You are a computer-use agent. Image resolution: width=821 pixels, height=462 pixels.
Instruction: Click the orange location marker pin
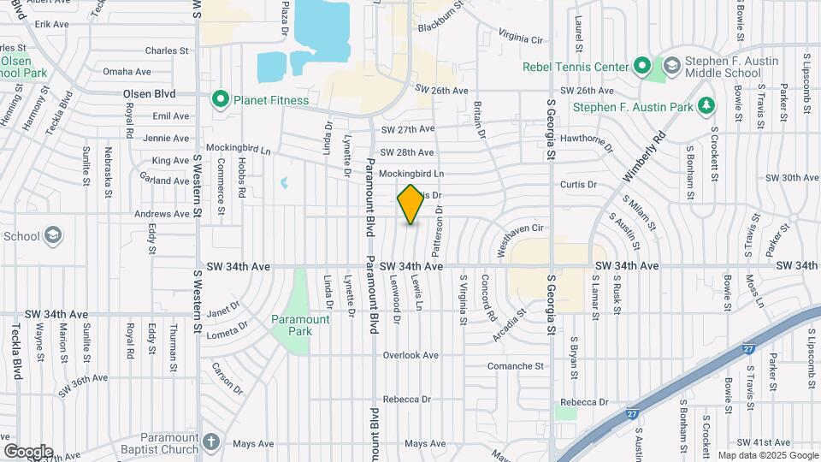coord(410,204)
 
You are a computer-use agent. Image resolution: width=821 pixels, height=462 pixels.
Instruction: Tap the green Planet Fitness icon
coord(220,100)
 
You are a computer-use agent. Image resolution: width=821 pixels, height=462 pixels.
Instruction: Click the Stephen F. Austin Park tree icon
coord(706,107)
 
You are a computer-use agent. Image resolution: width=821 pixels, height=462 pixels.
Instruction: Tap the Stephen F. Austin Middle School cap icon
coord(671,66)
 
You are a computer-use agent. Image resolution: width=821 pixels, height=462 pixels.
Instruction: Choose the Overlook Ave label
coord(410,355)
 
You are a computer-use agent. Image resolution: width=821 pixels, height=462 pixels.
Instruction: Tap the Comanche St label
coord(516,366)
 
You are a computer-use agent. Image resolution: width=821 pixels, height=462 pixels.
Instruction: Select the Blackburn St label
coord(440,27)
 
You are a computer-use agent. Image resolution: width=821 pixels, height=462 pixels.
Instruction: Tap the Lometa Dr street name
coord(226,327)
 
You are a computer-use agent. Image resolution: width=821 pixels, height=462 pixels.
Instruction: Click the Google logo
coord(27,452)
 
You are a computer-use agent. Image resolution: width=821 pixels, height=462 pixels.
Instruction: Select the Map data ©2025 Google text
coord(767,455)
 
